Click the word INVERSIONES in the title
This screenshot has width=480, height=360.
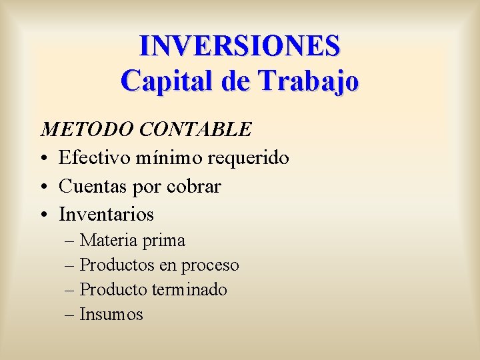point(239,46)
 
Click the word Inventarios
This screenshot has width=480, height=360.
point(107,215)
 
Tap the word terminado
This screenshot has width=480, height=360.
point(189,290)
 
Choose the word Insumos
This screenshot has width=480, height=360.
point(111,315)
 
